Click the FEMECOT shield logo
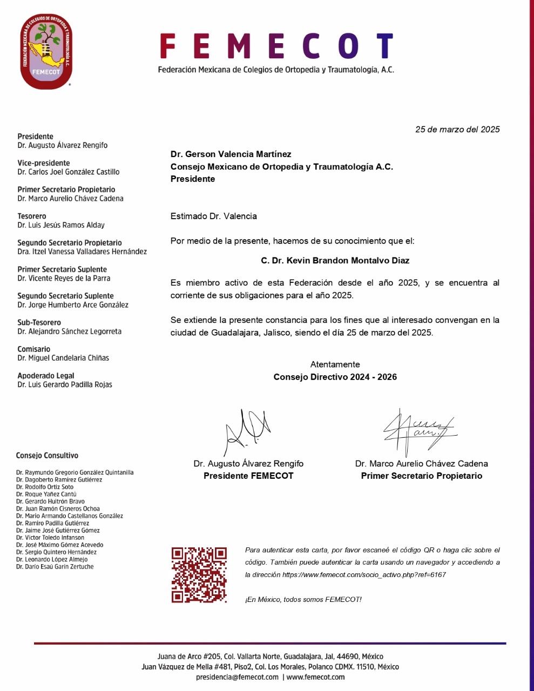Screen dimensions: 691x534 point(46,52)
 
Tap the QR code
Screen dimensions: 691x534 point(199,574)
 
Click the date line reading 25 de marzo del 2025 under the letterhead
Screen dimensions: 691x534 point(457,130)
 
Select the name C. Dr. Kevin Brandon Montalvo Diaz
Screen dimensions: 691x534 point(335,261)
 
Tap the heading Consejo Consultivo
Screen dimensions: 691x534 point(47,456)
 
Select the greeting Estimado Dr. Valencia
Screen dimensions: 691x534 point(214,216)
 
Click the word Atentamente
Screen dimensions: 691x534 point(335,364)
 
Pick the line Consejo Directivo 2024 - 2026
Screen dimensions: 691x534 point(335,377)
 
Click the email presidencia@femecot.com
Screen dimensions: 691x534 point(237,677)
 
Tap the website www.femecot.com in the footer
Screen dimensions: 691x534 point(315,677)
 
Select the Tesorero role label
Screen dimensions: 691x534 point(32,216)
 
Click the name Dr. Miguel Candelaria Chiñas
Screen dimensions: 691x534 point(63,358)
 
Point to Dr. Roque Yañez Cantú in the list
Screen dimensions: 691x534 point(46,494)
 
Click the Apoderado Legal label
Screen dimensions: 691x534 point(46,376)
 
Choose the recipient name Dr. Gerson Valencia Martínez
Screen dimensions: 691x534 point(231,154)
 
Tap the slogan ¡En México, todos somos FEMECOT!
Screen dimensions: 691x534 point(303,600)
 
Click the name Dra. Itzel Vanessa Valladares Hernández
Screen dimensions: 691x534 point(82,252)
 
